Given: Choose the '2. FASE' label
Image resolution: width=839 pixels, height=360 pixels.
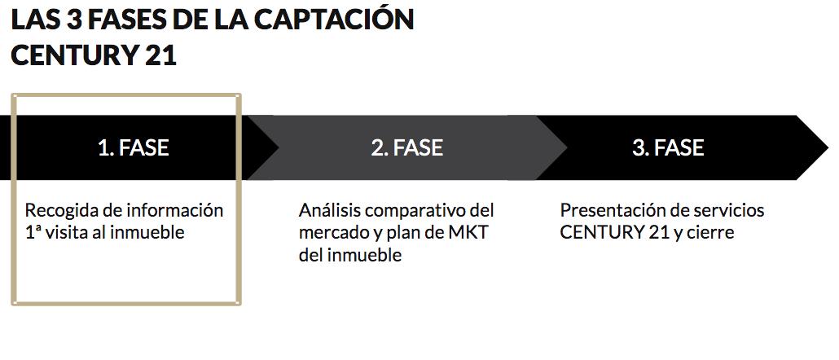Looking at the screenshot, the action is [x=406, y=147].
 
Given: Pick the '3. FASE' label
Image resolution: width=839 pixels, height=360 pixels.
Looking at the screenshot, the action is [x=668, y=147].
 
